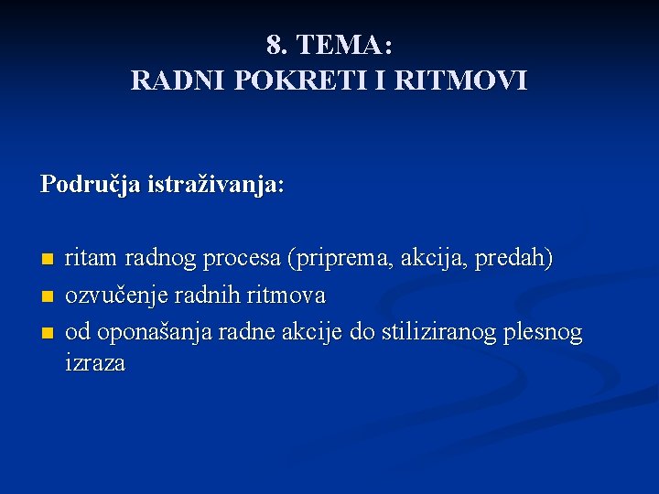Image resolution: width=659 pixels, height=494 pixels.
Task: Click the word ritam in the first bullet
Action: pos(92,259)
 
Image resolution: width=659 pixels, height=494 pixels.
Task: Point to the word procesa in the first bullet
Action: pos(243,260)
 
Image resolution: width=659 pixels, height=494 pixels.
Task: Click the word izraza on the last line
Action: pos(95,363)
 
